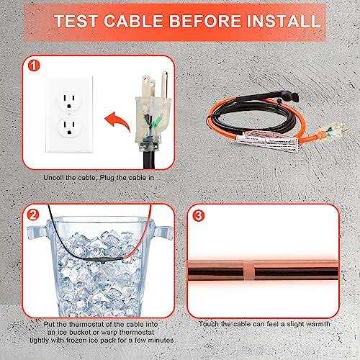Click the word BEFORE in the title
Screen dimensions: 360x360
(194, 19)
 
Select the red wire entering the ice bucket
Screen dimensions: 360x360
(144, 230)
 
